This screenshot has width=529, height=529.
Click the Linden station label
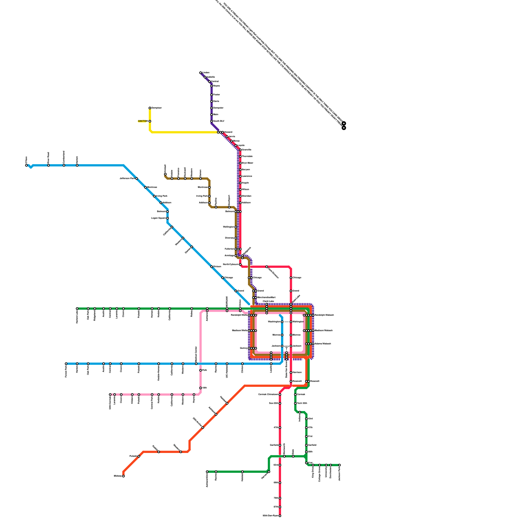(x=206, y=72)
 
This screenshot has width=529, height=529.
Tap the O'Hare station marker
(x=26, y=165)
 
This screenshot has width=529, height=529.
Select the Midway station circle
(x=123, y=476)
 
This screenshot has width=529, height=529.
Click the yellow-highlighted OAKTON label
(x=142, y=121)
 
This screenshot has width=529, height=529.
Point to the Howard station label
(x=228, y=132)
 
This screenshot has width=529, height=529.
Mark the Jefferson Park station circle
(x=137, y=179)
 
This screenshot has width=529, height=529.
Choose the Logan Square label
(x=158, y=218)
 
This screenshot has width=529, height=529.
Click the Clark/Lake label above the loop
(x=268, y=301)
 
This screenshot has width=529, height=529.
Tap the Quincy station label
(x=244, y=348)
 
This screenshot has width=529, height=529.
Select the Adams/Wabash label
(x=323, y=344)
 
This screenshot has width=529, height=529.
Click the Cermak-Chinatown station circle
(x=280, y=394)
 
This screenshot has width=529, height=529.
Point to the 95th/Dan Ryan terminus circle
(x=280, y=516)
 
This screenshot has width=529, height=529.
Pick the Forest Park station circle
(x=66, y=364)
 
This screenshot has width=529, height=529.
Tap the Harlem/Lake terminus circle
(x=77, y=308)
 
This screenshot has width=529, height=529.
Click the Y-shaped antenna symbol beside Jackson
(x=286, y=347)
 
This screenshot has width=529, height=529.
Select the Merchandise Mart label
(x=266, y=297)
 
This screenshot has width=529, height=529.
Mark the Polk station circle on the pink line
(x=200, y=370)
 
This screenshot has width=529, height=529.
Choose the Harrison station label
(x=297, y=372)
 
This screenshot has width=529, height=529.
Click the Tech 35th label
(x=302, y=403)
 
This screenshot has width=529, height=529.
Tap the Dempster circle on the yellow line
(x=150, y=108)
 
